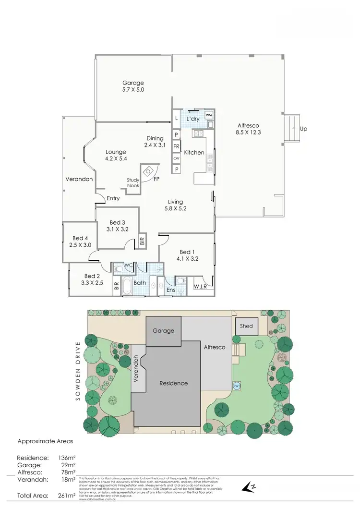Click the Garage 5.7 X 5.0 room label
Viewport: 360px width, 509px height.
click(133, 86)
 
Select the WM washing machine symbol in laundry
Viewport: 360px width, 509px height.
click(209, 116)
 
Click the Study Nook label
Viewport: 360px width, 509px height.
click(133, 182)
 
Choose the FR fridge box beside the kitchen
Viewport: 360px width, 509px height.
click(177, 146)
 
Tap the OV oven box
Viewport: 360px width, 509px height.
click(177, 158)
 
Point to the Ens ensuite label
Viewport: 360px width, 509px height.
click(171, 290)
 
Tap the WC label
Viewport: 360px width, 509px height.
click(128, 266)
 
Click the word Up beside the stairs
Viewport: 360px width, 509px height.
click(303, 129)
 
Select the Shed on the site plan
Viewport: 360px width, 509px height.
click(246, 327)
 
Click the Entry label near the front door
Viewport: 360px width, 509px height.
click(113, 198)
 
